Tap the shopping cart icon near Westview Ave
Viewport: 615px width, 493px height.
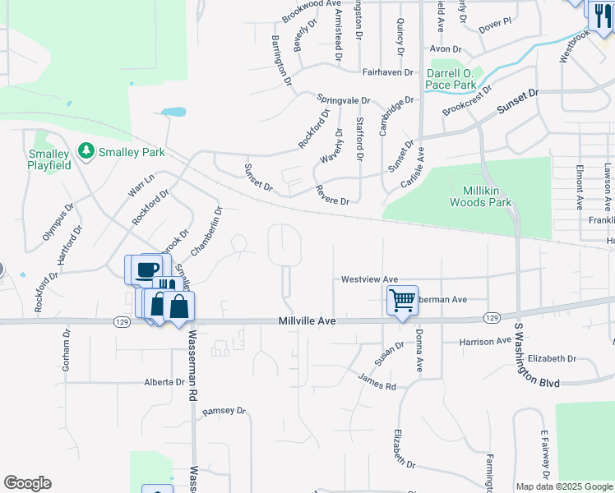(402, 300)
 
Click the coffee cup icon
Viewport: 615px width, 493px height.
(148, 269)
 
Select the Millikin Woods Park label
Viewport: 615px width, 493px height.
(483, 196)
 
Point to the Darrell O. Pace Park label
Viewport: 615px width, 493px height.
(451, 79)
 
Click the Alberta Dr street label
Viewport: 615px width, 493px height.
(164, 382)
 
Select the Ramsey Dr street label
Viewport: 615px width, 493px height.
(224, 410)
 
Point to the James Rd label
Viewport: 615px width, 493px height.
(377, 380)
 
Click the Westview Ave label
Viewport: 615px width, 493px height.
(369, 279)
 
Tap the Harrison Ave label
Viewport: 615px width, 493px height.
(485, 341)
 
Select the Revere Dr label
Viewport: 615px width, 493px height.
(332, 196)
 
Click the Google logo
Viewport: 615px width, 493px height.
(27, 483)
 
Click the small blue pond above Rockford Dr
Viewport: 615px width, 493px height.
(173, 111)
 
